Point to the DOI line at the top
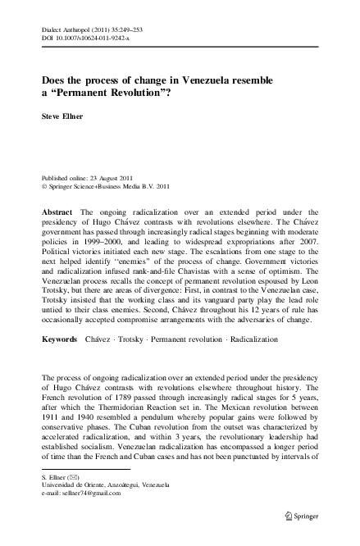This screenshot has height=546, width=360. (83, 39)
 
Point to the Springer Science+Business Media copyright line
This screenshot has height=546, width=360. (110, 186)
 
